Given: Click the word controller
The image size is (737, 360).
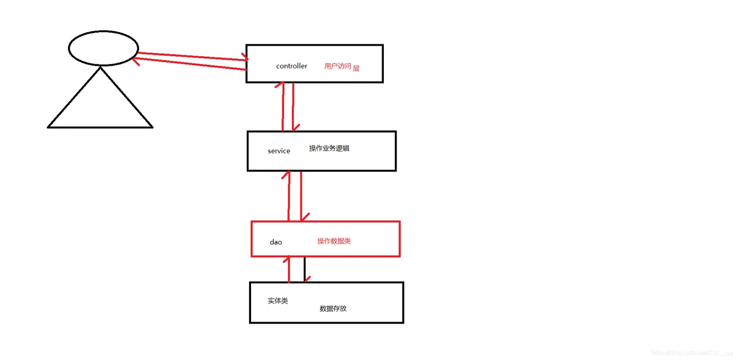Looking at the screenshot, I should point(292,66).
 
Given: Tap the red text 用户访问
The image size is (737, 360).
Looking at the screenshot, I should point(337,66).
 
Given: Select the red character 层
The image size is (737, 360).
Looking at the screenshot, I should point(356,68).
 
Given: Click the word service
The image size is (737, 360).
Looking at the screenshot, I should point(279,151).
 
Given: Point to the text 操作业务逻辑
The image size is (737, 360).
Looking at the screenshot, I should point(329,148).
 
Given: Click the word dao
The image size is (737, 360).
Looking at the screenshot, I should point(276,242).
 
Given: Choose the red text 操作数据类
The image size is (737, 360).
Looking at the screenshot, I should point(334,241).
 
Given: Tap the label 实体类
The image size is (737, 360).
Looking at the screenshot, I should point(278,301).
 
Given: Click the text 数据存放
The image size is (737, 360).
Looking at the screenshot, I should point(333,308).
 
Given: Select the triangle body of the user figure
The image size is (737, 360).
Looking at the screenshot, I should point(100,105).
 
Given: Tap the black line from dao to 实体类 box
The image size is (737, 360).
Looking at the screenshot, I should point(304,269).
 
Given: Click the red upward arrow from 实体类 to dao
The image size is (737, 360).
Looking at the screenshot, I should point(289,269).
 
